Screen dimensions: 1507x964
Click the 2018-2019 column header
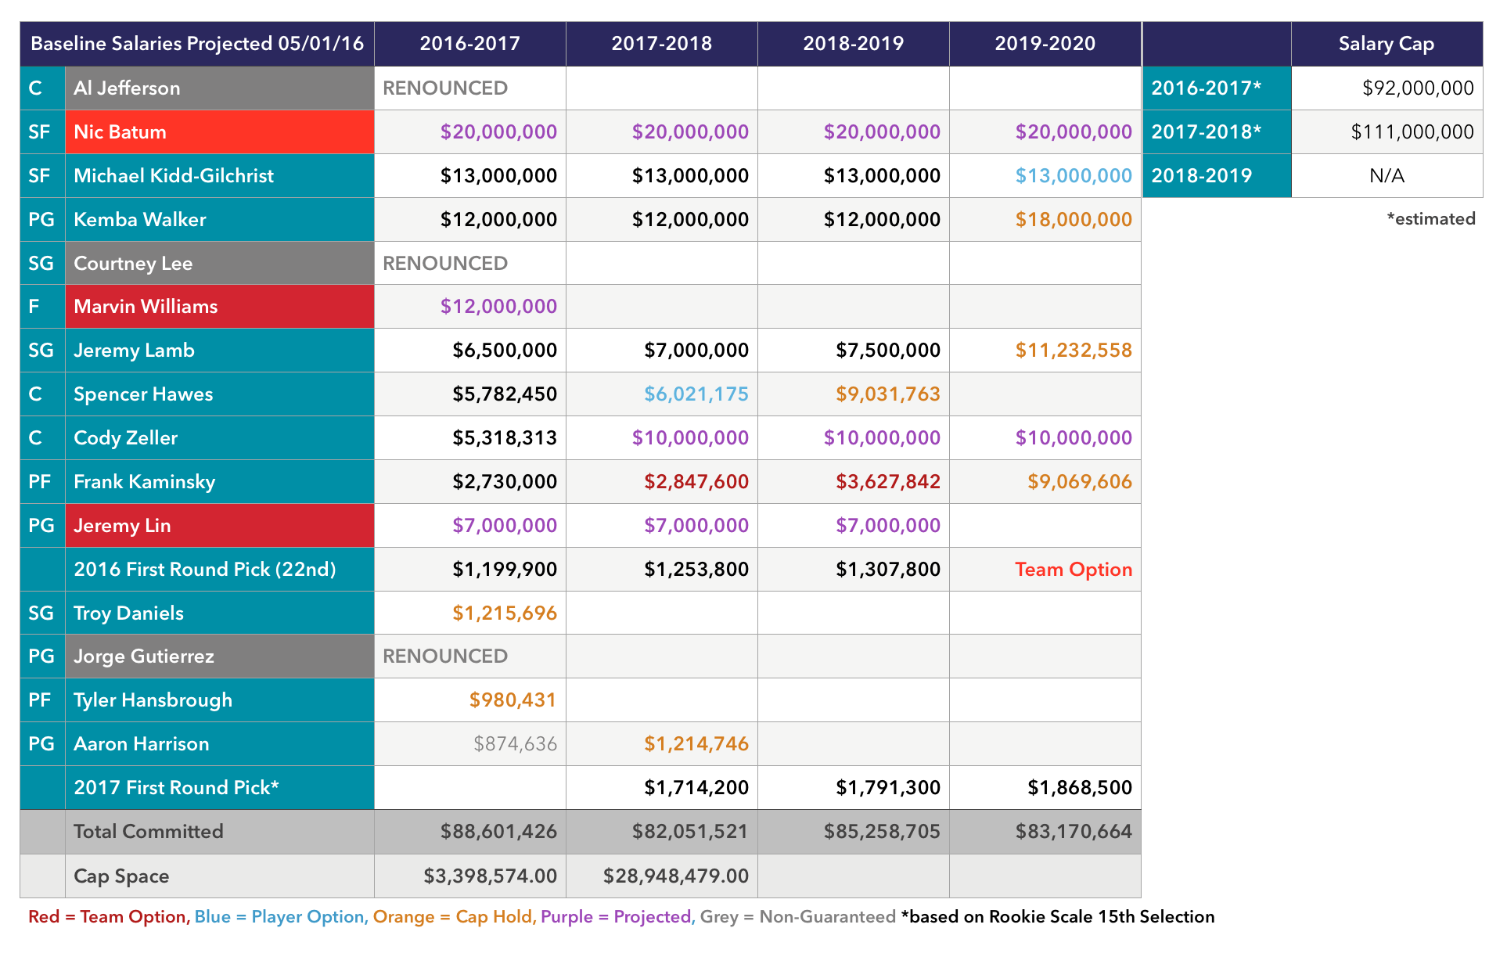pyautogui.click(x=853, y=44)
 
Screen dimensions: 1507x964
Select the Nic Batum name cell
pyautogui.click(x=220, y=131)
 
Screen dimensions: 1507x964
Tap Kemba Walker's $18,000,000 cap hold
pyautogui.click(x=1074, y=219)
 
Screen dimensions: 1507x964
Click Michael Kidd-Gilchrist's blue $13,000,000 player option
pyautogui.click(x=1074, y=175)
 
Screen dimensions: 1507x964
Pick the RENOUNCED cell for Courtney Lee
pyautogui.click(x=445, y=263)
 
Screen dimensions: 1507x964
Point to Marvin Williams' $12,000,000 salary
pyautogui.click(x=498, y=306)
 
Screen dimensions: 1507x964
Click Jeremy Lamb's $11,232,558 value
pyautogui.click(x=1074, y=350)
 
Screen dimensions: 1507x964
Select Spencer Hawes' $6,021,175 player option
pyautogui.click(x=696, y=394)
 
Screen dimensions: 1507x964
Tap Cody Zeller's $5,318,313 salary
pyautogui.click(x=505, y=437)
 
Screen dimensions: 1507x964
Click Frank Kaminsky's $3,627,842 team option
pyautogui.click(x=888, y=481)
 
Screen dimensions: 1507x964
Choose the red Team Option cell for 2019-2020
pyautogui.click(x=1074, y=569)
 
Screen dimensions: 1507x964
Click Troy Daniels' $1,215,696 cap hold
pyautogui.click(x=505, y=613)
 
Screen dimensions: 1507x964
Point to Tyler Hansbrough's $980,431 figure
pyautogui.click(x=513, y=700)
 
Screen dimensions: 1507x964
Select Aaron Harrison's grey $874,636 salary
pyautogui.click(x=515, y=743)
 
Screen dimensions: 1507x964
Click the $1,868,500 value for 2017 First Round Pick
pyautogui.click(x=1080, y=787)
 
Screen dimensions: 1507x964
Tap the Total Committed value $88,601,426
pyautogui.click(x=498, y=831)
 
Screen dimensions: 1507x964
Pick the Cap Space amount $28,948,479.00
pyautogui.click(x=676, y=876)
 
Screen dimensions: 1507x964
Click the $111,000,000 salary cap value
pyautogui.click(x=1412, y=131)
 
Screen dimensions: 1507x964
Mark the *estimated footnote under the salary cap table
pyautogui.click(x=1431, y=219)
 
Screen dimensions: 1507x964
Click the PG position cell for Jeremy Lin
pyautogui.click(x=41, y=525)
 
